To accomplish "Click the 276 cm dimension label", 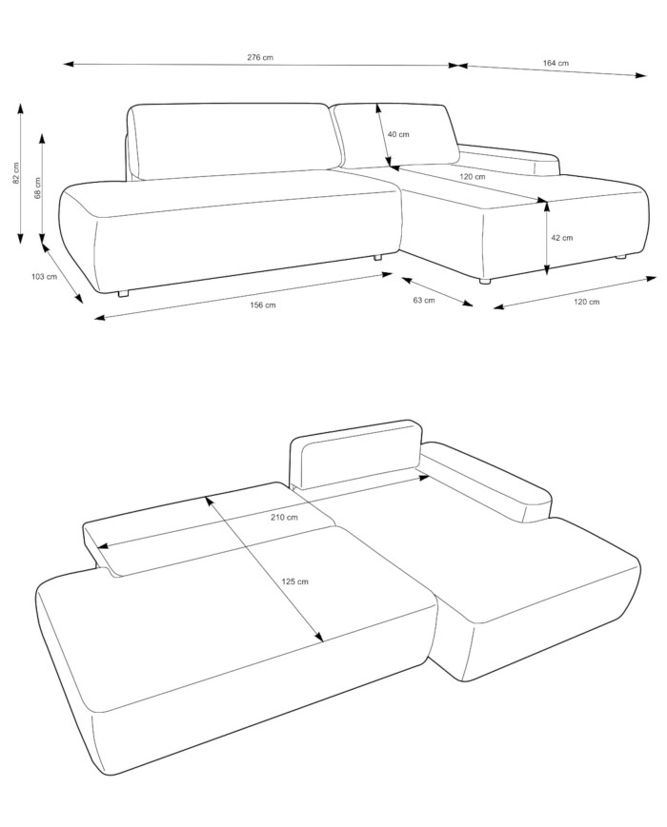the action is (260, 57).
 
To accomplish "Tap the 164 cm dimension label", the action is (556, 64).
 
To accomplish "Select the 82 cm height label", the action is (16, 173).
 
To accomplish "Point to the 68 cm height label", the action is (37, 187).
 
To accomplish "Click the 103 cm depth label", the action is (45, 276).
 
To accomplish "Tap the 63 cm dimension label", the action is (424, 300).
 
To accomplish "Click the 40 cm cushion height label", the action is (398, 134).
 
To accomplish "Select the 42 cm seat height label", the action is (562, 237).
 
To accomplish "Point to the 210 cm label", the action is (284, 517).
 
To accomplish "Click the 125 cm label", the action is (294, 581).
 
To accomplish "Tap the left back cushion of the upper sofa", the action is (235, 142).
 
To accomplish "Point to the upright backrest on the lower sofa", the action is (355, 455).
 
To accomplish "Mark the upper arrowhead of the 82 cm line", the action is (21, 108).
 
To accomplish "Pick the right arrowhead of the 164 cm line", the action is (640, 75).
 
